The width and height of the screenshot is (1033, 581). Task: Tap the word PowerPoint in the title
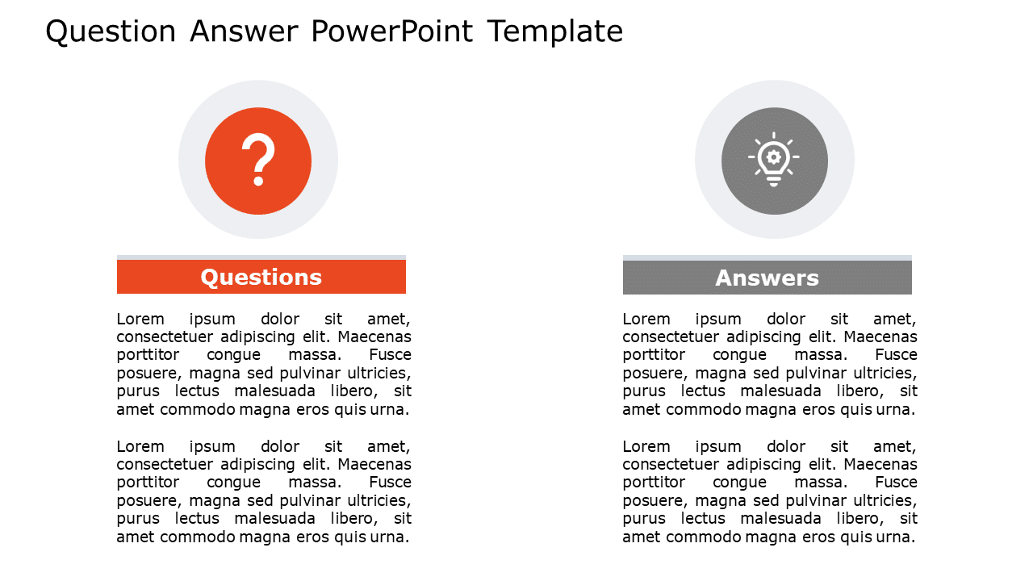coord(392,32)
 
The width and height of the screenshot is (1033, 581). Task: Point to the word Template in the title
coord(555,32)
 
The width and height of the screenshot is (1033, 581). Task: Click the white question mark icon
coord(258,161)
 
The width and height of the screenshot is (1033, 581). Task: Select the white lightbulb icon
coord(774,160)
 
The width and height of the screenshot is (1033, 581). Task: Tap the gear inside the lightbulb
coord(774,156)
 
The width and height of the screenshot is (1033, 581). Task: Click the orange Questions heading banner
coord(261,278)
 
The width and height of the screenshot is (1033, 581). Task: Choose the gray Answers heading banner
coord(767,278)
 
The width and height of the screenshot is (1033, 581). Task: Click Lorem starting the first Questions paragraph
coord(140,320)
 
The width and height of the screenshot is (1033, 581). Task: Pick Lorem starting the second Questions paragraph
coord(140,447)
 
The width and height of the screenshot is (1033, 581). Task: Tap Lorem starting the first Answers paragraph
coord(646,320)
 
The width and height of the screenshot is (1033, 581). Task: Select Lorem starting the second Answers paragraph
coord(646,447)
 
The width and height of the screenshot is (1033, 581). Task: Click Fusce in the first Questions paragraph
coord(391,355)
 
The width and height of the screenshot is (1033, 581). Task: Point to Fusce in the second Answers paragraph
coord(897,483)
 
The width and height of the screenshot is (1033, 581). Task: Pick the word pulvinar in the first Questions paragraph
coord(311,374)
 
